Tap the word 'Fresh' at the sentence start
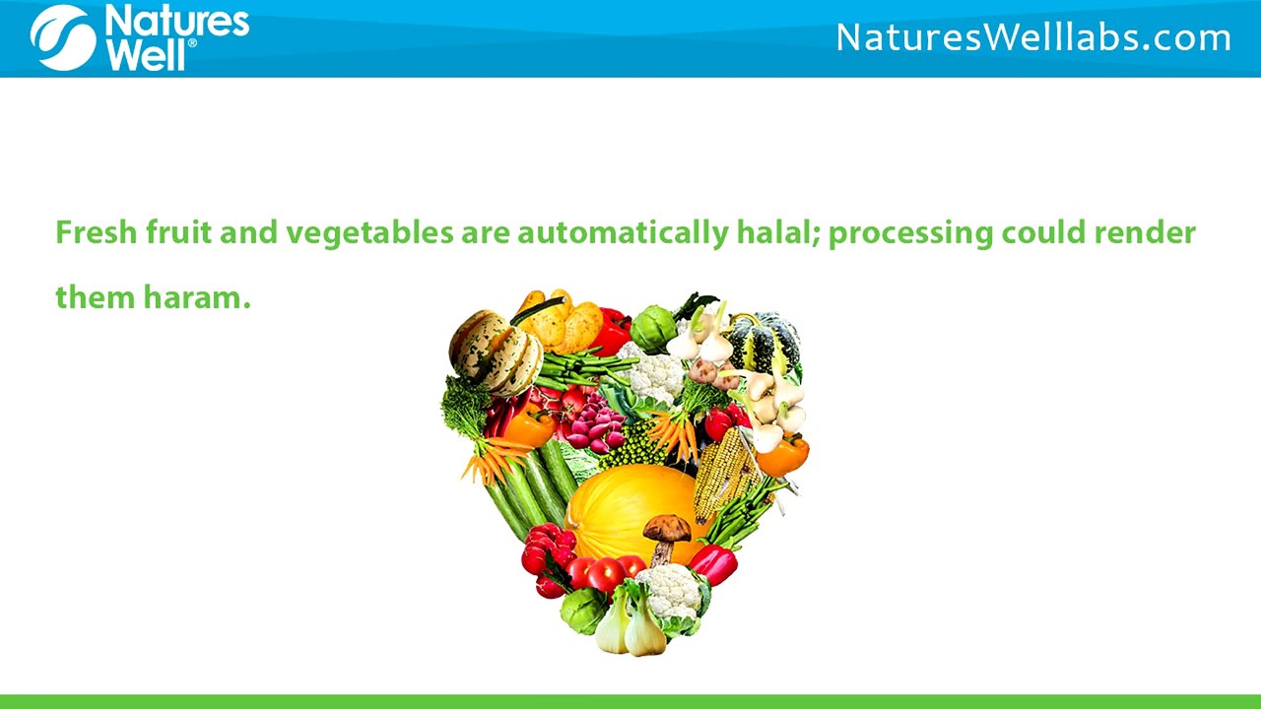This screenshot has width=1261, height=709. pos(96,233)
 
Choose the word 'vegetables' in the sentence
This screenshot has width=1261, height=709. pos(371,234)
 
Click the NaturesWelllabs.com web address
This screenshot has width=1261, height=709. pos(1033,38)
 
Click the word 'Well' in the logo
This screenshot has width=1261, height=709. pos(148,55)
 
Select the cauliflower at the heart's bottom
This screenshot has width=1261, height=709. pos(673,593)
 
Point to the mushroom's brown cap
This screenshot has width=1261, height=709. pos(667,528)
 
